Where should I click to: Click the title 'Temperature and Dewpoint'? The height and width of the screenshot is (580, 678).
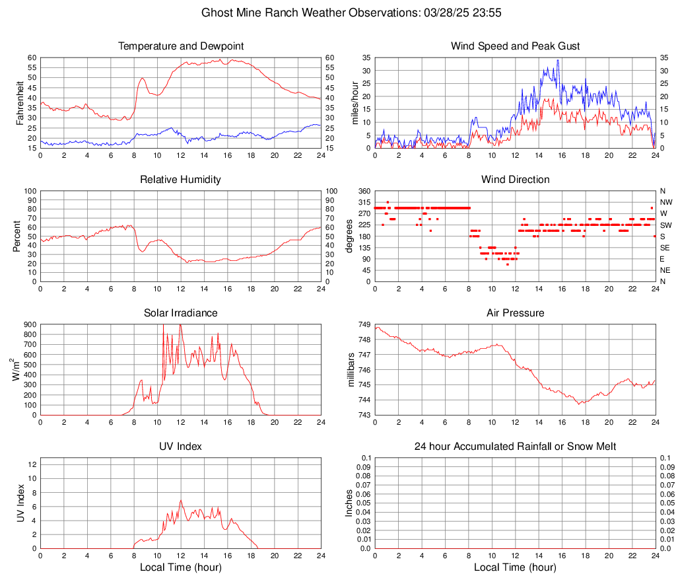pyautogui.click(x=180, y=46)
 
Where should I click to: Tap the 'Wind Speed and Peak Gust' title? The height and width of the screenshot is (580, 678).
pyautogui.click(x=515, y=46)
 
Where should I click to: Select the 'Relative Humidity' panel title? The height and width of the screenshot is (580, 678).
pyautogui.click(x=180, y=180)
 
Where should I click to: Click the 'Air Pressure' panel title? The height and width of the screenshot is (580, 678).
pyautogui.click(x=515, y=313)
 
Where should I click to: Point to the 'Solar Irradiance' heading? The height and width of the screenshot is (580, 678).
pyautogui.click(x=180, y=313)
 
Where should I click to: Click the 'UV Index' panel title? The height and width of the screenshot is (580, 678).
pyautogui.click(x=180, y=447)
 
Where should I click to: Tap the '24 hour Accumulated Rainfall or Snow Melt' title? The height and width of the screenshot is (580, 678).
pyautogui.click(x=515, y=447)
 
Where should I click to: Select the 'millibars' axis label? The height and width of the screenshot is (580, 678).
pyautogui.click(x=351, y=370)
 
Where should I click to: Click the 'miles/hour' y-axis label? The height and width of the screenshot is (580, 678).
pyautogui.click(x=355, y=103)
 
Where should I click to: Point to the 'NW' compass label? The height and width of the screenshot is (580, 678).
pyautogui.click(x=665, y=202)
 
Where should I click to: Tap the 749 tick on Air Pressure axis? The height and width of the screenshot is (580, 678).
pyautogui.click(x=363, y=325)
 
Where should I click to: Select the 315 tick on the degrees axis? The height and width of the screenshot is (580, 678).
pyautogui.click(x=363, y=202)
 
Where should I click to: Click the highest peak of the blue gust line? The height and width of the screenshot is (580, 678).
pyautogui.click(x=558, y=60)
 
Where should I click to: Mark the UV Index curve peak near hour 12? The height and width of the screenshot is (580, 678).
pyautogui.click(x=181, y=500)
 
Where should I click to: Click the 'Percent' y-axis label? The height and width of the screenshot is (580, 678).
pyautogui.click(x=17, y=236)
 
